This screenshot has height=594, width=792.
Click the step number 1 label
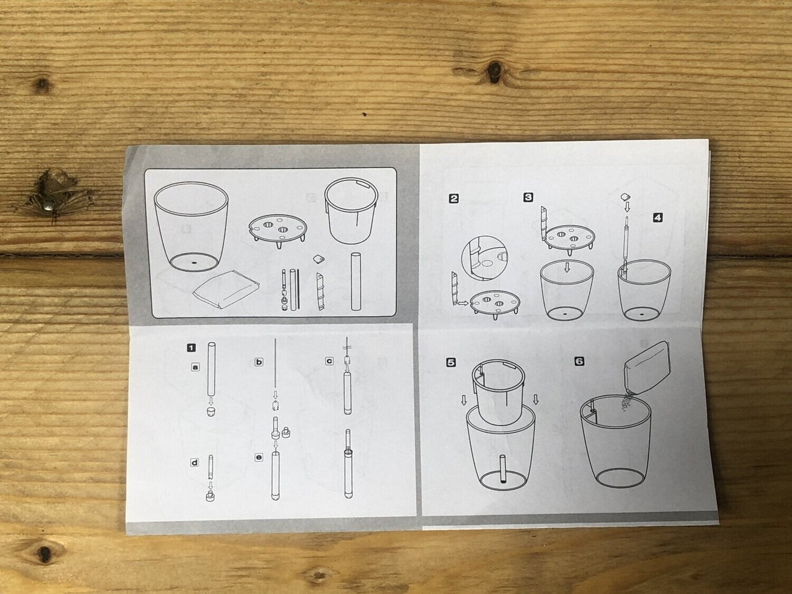191,347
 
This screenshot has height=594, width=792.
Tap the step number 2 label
453,198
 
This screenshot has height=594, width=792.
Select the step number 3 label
528,197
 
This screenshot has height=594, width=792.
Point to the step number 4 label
658,218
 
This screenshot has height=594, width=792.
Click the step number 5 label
451,362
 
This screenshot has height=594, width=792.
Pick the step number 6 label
579,361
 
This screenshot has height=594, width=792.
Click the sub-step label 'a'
195,365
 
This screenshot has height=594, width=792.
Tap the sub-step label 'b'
259,362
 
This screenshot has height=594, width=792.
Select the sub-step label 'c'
329,361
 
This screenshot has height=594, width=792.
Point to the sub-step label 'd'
194,462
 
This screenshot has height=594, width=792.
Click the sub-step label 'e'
259,456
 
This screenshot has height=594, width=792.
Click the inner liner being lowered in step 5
498,392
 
